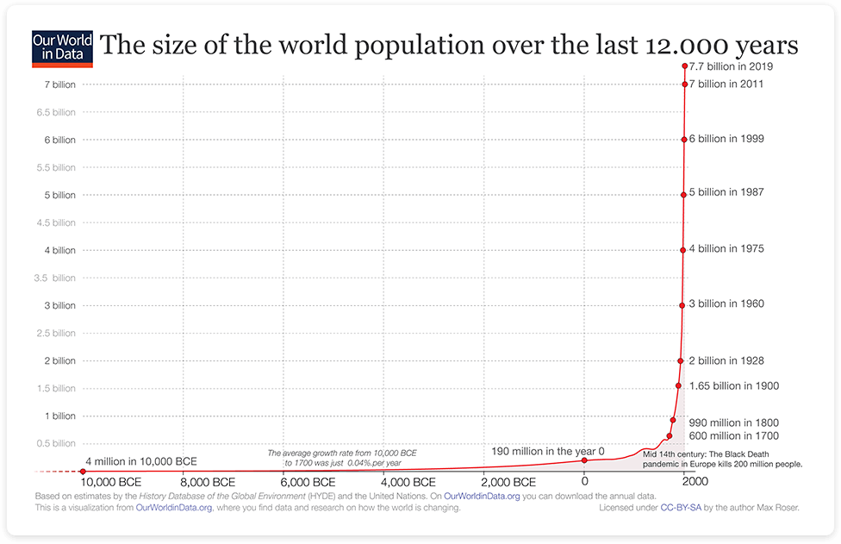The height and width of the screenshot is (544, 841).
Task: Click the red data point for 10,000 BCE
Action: (83, 471)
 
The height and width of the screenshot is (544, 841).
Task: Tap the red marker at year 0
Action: (584, 460)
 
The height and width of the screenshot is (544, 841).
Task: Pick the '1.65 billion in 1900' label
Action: (733, 386)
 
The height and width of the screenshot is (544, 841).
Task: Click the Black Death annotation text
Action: (722, 459)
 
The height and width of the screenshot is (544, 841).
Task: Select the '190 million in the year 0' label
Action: (548, 451)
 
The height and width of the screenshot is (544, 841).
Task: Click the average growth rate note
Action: (342, 458)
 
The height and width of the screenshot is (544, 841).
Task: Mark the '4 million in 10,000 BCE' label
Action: (140, 461)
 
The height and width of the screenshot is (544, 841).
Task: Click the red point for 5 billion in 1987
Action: (683, 195)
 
